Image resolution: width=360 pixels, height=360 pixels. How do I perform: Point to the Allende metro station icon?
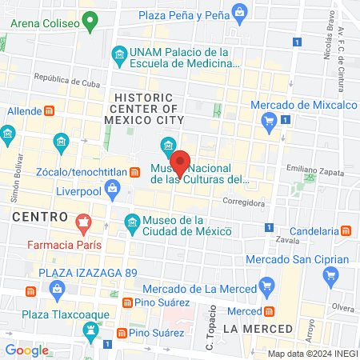coord(49,110)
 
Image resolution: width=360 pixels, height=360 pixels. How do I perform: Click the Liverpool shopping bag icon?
coord(112,190)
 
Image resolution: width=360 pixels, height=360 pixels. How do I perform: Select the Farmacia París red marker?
coord(82,221)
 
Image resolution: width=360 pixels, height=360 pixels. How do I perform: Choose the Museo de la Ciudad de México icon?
coord(132,222)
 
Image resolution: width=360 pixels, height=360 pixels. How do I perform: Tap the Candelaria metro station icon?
coord(346,230)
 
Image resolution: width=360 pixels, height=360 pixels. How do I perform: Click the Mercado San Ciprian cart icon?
coord(330,276)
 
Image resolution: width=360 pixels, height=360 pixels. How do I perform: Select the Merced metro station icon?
coord(270,310)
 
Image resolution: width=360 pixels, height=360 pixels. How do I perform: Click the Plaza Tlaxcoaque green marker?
coord(90,329)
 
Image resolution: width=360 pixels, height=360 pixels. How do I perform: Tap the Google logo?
coord(26,350)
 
